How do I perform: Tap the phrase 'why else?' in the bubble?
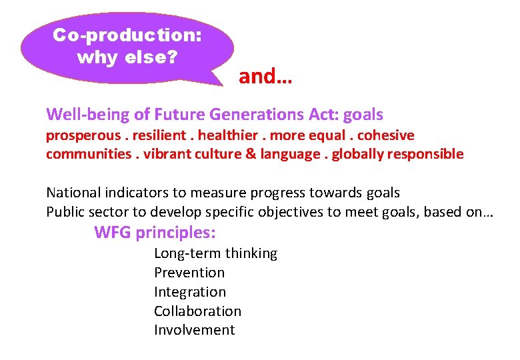tap(127, 57)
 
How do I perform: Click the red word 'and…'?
tap(265, 77)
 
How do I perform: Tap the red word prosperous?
tap(82, 136)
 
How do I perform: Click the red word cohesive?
tap(386, 135)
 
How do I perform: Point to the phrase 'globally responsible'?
tap(397, 154)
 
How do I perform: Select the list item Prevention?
tap(189, 273)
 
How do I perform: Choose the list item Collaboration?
tap(197, 311)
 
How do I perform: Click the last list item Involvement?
tap(194, 330)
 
